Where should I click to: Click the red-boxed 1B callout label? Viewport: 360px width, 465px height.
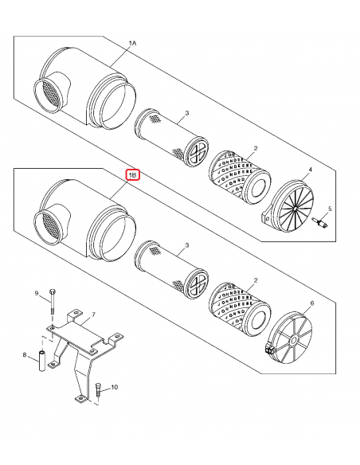coord(133,174)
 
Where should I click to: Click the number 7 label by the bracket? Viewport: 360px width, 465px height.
coord(93,316)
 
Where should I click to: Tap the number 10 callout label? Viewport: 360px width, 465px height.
coord(114,388)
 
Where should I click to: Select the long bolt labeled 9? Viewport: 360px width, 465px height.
coord(52,303)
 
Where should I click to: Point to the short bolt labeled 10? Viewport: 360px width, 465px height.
coord(97,390)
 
